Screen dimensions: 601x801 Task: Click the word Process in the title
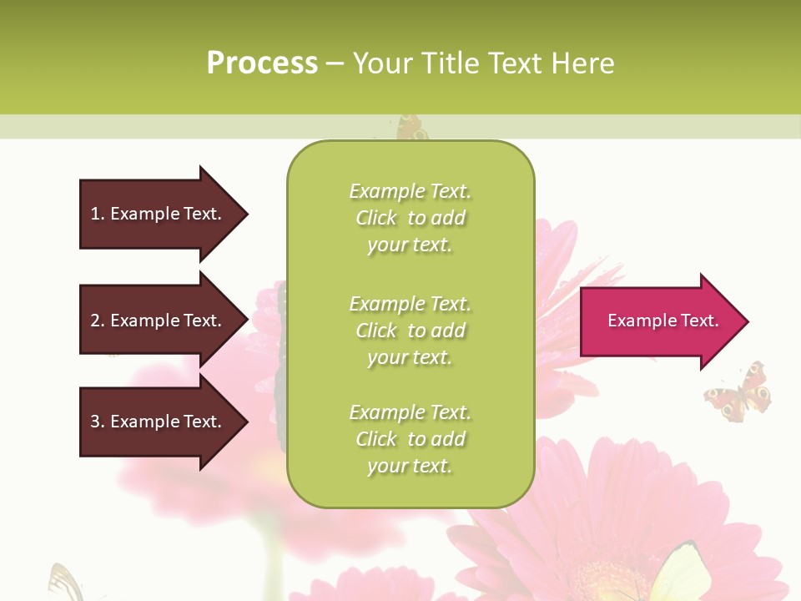pyautogui.click(x=262, y=63)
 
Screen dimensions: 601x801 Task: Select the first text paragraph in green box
pyautogui.click(x=410, y=218)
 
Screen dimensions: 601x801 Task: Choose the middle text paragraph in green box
pyautogui.click(x=410, y=331)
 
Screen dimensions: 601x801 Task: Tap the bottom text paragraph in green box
pyautogui.click(x=410, y=439)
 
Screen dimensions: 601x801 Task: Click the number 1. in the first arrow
pyautogui.click(x=98, y=214)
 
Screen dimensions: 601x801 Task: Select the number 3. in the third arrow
pyautogui.click(x=98, y=422)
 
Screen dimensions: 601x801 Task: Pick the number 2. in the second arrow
pyautogui.click(x=98, y=321)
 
